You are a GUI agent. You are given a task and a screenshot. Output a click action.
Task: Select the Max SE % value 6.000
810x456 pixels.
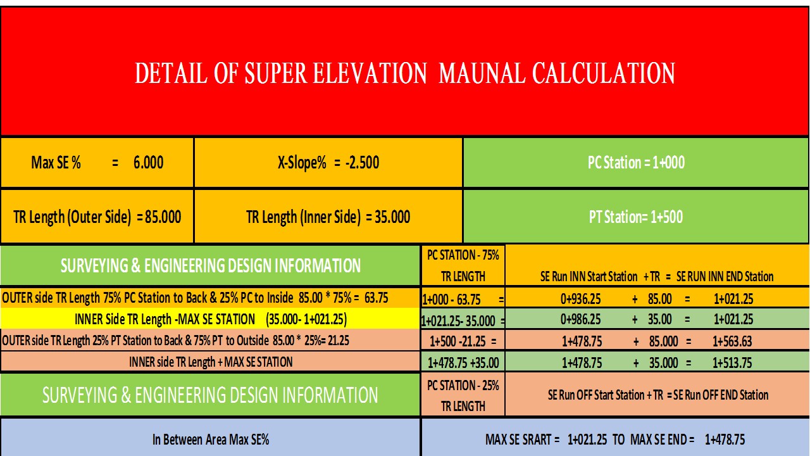[148, 163]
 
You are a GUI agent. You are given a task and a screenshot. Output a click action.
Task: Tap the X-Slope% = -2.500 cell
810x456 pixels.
[328, 163]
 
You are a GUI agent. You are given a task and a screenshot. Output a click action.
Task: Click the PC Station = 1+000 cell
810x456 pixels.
[636, 163]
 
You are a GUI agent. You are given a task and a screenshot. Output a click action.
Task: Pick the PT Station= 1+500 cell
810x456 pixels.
[636, 217]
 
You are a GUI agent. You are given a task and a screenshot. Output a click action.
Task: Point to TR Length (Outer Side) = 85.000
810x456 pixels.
[97, 217]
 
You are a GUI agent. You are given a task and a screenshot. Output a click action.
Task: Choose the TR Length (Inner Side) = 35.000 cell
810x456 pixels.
[328, 217]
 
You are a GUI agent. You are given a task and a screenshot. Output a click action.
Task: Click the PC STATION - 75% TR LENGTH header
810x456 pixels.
[463, 265]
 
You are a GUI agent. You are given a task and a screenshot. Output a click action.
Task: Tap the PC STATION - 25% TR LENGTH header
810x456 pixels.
[463, 395]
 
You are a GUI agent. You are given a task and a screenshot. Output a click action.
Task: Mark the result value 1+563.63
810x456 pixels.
[732, 341]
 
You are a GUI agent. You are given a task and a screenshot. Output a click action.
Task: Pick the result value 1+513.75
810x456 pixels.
[732, 362]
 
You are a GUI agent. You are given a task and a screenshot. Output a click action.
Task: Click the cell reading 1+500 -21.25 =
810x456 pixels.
[463, 341]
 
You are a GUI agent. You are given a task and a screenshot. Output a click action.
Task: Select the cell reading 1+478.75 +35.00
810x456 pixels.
[463, 362]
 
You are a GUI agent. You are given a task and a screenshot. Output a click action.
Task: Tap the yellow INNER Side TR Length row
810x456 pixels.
[210, 319]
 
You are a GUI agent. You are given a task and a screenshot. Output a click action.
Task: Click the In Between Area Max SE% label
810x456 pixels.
[210, 439]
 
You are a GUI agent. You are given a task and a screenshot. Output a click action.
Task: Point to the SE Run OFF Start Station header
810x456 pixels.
[657, 395]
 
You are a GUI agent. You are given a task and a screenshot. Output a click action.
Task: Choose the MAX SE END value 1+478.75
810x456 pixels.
[725, 439]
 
